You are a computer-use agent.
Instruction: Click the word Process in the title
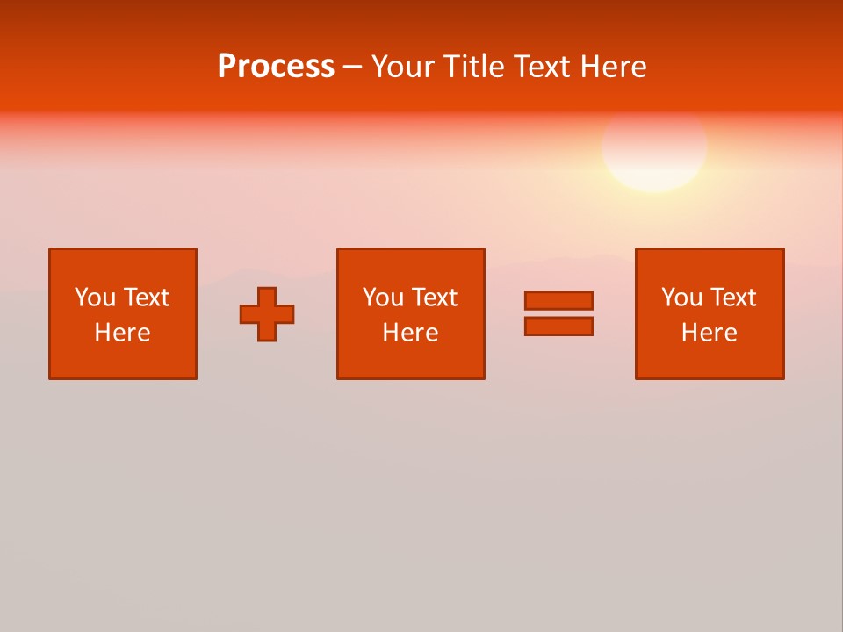pos(276,67)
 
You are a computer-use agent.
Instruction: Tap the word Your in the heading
pos(402,67)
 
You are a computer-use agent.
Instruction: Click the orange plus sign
pos(267,314)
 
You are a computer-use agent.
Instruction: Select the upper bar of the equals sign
pos(558,300)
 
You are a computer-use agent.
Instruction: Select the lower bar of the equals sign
pos(558,326)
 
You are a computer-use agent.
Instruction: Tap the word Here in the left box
pos(123,333)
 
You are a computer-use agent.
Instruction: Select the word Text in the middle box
pos(435,298)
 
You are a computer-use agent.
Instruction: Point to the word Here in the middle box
pos(410,333)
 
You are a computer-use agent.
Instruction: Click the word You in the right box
pos(681,298)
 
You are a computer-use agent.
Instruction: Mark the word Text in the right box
pos(733,298)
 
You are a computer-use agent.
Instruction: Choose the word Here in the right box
pos(709,333)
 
